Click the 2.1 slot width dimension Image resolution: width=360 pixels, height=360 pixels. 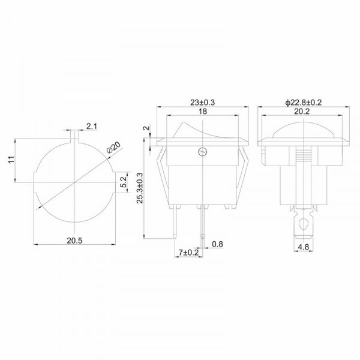[x=92, y=126]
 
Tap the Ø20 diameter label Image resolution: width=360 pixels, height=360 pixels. [x=113, y=148]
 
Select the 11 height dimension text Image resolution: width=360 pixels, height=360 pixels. [x=11, y=160]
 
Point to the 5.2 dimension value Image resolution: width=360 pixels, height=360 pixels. [x=124, y=182]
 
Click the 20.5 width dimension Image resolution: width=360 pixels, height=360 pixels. [x=74, y=241]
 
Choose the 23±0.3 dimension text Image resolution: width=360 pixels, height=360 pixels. [x=203, y=103]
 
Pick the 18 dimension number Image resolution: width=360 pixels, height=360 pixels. [x=203, y=112]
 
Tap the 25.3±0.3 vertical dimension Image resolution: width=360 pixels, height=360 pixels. [x=140, y=188]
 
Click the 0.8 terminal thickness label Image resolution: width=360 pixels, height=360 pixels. [x=217, y=244]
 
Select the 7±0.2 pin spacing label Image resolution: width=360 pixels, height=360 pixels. [x=188, y=253]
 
